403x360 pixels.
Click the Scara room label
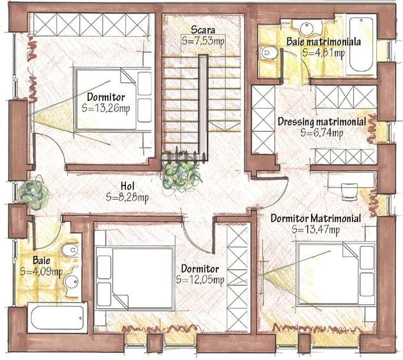[x=203, y=29]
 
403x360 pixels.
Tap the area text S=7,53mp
[x=203, y=41]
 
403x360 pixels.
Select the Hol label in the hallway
[x=128, y=186]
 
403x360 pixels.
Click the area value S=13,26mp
[x=106, y=108]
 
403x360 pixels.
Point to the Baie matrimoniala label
[x=324, y=42]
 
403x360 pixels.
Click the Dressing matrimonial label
[x=322, y=121]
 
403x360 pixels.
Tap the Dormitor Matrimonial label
[x=316, y=219]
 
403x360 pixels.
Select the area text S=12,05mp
[x=200, y=279]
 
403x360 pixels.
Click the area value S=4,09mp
[x=42, y=272]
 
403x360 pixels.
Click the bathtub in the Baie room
[x=57, y=318]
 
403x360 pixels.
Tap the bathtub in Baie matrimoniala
[x=361, y=45]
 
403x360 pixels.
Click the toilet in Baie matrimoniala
[x=268, y=53]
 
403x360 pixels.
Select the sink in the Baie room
[x=71, y=282]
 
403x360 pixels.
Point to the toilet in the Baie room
[x=70, y=249]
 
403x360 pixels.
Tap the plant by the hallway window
[x=34, y=193]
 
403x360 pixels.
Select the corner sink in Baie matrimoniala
[x=307, y=27]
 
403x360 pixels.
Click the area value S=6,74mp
[x=322, y=133]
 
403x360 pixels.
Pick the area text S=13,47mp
[x=316, y=230]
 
